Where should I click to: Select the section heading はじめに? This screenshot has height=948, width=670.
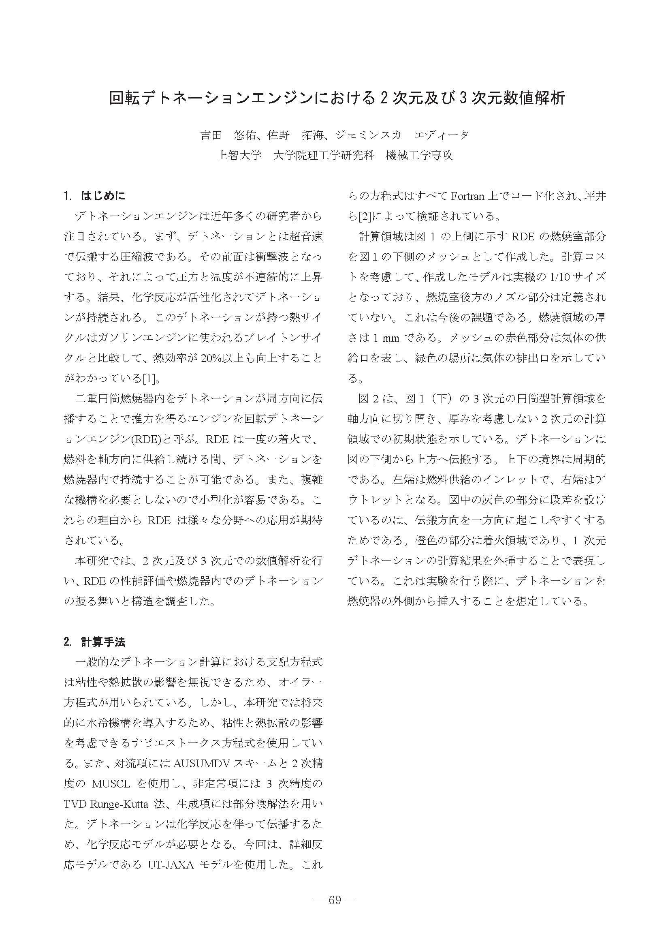pos(103,195)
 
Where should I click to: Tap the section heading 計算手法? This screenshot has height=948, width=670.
pos(103,642)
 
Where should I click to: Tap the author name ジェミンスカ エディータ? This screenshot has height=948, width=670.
pos(402,135)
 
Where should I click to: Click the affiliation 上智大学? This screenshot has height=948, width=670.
pos(239,155)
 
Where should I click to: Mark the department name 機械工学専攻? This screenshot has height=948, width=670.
pos(419,155)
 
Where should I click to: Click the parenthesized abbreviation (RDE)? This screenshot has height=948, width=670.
pos(145,439)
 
